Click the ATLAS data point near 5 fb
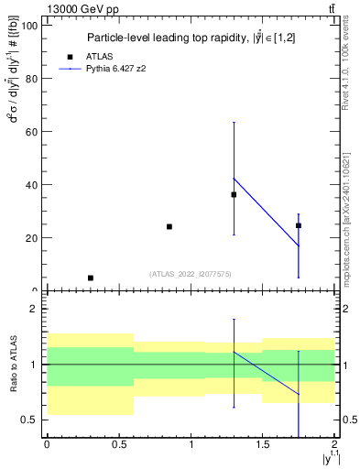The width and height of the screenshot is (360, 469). coord(90,278)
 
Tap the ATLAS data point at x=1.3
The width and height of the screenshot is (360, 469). coord(234,194)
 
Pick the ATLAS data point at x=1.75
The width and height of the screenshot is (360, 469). coord(299,225)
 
